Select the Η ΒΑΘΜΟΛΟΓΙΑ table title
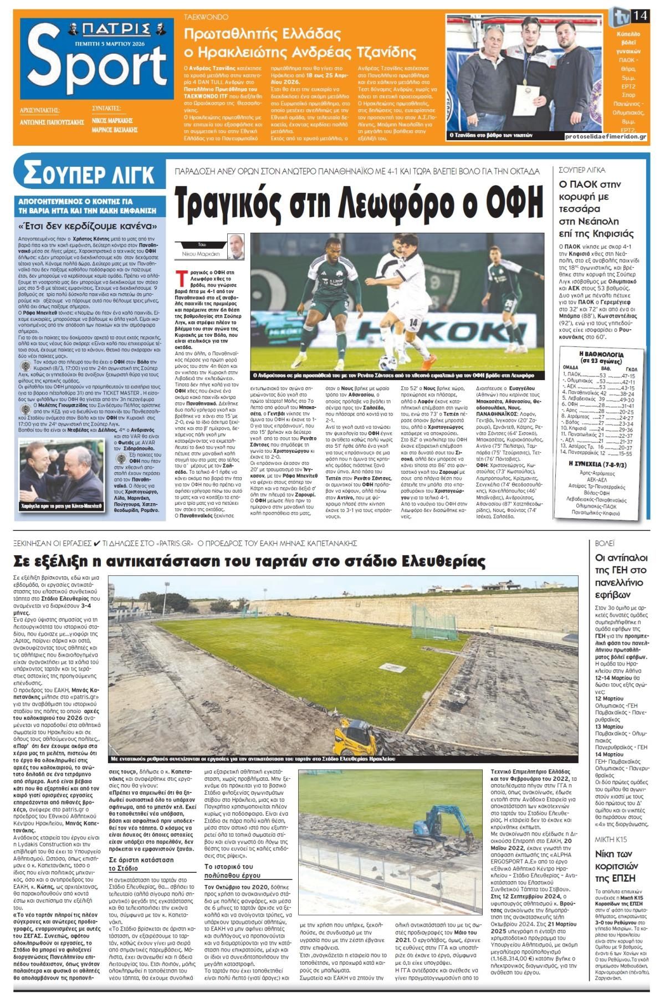(x=601, y=355)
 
